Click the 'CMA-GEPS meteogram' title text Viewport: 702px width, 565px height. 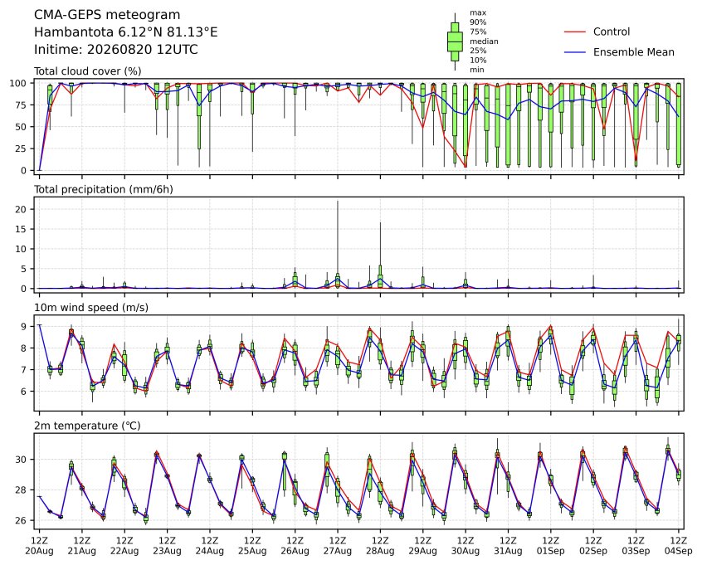coord(107,15)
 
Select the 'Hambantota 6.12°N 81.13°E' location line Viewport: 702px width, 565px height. coord(126,32)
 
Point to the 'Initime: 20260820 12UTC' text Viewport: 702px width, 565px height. coord(116,49)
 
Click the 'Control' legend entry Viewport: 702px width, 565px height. coord(611,32)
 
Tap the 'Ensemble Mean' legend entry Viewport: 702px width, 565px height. coord(633,52)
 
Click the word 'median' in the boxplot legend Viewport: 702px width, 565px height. coord(484,41)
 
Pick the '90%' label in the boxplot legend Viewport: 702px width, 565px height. coord(478,22)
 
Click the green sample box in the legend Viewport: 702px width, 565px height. coord(455,41)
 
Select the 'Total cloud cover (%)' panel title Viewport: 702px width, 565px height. coord(88,71)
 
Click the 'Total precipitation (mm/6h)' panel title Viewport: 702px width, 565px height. coord(104,189)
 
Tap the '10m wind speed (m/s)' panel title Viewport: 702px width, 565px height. coord(91,308)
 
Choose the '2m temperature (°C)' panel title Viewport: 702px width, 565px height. coord(87,426)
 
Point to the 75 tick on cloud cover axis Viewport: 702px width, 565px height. coord(22,105)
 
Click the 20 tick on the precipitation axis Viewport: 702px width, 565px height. coord(22,209)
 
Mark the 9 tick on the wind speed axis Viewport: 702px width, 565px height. coord(24,326)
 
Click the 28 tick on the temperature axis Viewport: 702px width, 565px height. coord(22,490)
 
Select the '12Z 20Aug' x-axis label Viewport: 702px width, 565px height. coord(39,546)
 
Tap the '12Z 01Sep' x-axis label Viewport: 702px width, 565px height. coord(551,546)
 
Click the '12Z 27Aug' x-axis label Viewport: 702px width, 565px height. coord(338,546)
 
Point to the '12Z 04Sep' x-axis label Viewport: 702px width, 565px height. coord(679,546)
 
